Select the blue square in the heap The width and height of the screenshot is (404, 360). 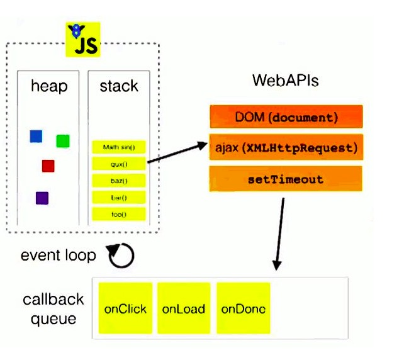36,135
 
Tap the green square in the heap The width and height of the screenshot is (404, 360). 63,141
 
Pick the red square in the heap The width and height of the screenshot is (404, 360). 48,166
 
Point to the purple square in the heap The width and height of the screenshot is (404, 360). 42,198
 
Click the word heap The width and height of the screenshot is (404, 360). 49,86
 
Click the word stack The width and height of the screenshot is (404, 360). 118,86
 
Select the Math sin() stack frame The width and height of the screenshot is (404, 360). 119,147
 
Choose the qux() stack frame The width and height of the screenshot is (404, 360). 119,164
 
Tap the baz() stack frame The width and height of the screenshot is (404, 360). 119,181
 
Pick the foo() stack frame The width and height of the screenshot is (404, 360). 119,214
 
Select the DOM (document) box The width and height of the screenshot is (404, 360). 286,118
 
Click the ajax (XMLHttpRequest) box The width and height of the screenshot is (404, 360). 286,149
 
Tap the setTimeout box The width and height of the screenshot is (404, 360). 286,179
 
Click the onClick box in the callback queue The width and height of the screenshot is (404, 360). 125,308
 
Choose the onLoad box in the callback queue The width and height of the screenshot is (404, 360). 184,308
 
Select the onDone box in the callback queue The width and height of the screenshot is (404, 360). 243,308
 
